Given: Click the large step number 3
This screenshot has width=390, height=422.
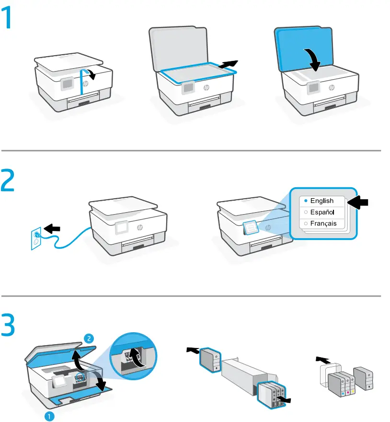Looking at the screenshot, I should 11,325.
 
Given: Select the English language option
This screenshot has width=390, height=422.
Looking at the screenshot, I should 321,201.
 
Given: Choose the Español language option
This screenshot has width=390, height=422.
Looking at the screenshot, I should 321,212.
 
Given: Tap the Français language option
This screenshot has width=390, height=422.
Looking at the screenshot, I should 321,223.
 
